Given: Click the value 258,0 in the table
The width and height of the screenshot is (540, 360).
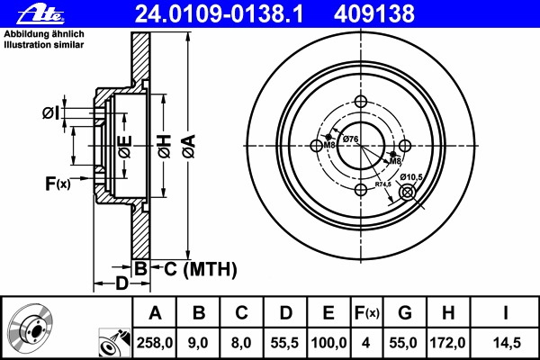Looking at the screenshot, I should (155, 342).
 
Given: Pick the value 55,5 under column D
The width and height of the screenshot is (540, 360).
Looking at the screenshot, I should (284, 342).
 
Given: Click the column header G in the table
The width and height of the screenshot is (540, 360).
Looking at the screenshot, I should (404, 312).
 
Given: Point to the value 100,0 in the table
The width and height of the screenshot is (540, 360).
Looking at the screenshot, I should (328, 342).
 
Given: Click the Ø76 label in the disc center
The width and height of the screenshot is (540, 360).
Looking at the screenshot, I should (351, 138).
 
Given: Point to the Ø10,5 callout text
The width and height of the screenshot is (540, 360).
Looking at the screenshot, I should (412, 175).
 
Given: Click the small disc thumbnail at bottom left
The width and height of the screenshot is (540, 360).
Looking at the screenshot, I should (33, 329).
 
